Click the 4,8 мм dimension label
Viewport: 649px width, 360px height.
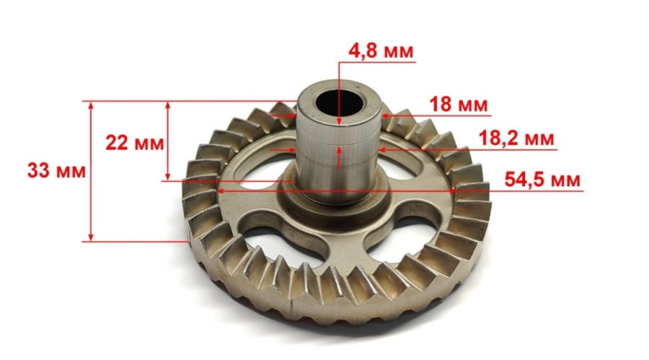381,51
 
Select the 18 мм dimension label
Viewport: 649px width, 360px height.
458,105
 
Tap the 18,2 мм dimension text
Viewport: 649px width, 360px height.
516,139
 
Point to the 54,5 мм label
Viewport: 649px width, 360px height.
542,180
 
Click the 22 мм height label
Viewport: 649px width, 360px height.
135,144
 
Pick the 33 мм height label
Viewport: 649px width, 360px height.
57,171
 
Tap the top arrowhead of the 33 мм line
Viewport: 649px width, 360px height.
91,106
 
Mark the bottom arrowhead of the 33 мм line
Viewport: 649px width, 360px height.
91,236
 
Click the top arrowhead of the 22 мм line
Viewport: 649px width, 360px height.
167,106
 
